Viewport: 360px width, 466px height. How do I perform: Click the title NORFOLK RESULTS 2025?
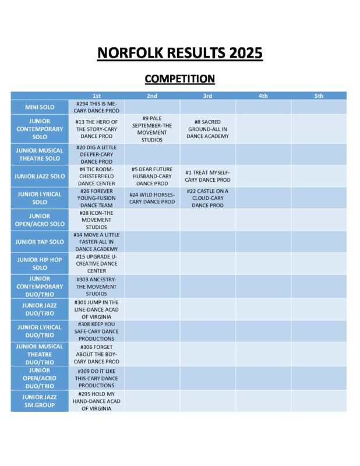179,54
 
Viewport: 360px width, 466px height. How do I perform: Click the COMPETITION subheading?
179,79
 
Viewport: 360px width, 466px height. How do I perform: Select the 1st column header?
96,96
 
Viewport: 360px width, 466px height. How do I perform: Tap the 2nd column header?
151,96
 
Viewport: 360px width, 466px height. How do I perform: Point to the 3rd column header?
207,96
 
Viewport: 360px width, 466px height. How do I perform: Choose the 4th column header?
263,96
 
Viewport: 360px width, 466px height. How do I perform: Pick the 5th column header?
319,96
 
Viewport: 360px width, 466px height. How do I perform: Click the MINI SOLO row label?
40,107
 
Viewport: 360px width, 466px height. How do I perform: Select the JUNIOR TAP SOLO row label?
40,242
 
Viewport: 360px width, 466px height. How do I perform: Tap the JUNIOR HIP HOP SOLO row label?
40,263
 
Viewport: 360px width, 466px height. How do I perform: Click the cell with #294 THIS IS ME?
96,107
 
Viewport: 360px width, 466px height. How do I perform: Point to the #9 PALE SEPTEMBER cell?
151,129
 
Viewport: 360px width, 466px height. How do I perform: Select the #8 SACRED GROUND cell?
207,129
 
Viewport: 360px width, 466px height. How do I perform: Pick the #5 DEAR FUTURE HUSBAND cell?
151,176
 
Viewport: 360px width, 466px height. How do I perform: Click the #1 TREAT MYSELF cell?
207,176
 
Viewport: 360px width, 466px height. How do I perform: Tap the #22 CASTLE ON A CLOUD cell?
207,198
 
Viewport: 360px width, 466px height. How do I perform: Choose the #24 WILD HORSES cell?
151,198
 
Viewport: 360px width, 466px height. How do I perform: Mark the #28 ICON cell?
96,220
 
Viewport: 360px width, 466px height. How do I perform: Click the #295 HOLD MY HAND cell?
96,401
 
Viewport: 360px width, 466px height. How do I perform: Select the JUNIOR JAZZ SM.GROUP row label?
40,401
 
